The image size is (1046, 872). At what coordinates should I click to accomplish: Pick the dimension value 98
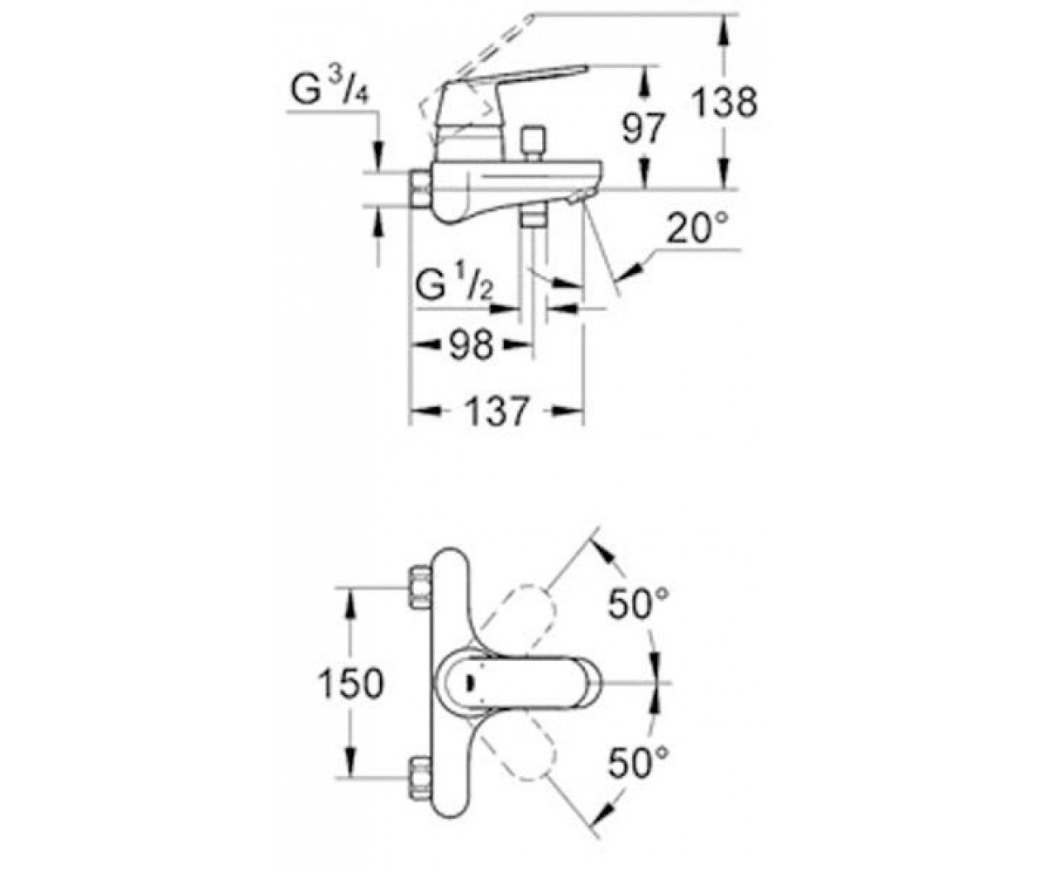[x=471, y=345]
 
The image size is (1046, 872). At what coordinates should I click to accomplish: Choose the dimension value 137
[x=497, y=412]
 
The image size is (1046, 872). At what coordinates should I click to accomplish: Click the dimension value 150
[x=351, y=684]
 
